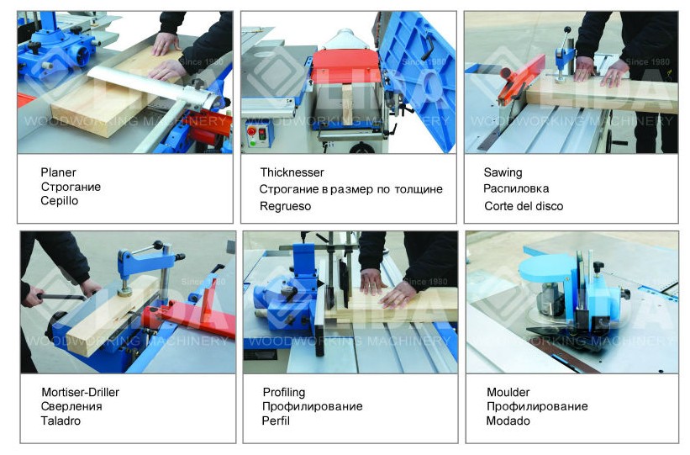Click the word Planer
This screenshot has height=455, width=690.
pos(58,172)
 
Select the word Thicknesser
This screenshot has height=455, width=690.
pos(292,172)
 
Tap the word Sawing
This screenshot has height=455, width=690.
pos(503,172)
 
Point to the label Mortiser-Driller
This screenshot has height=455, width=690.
pos(80,392)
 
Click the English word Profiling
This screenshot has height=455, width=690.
pos(284,393)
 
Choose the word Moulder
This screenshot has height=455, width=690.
pos(508,392)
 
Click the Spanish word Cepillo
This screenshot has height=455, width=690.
pos(60,201)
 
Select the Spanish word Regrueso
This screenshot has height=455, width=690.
pos(285,206)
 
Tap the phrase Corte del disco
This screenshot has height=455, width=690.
pos(524,206)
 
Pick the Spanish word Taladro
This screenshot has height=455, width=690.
pos(61,421)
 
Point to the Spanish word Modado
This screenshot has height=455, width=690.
pos(508,421)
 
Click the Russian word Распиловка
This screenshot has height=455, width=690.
pos(516,189)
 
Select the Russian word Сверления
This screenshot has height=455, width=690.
pos(71,406)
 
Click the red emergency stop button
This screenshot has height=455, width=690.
pos(252,131)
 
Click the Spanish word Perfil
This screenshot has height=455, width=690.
pos(276,421)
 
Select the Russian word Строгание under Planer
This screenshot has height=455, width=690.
pos(71,187)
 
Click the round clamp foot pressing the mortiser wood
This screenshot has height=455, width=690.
pos(125,291)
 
